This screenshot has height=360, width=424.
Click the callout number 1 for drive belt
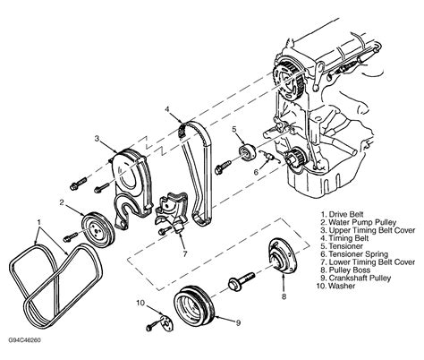point(37,219)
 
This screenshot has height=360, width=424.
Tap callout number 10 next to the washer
point(140,304)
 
